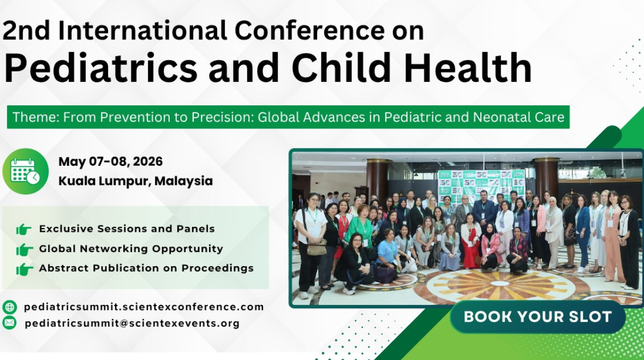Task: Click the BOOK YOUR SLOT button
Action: click(x=538, y=316)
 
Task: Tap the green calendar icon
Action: click(x=26, y=171)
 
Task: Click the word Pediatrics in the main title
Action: click(x=101, y=68)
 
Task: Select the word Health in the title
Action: click(x=468, y=68)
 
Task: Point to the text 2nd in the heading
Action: click(x=26, y=31)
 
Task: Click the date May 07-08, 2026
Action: click(x=110, y=161)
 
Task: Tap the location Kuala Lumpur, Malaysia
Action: click(x=135, y=181)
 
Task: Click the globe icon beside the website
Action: click(x=9, y=307)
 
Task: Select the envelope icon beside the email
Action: click(x=9, y=323)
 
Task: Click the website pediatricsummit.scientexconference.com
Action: click(x=144, y=307)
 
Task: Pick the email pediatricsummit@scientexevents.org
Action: click(x=132, y=323)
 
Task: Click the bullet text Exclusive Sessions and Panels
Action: click(x=127, y=229)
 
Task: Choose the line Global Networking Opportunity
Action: click(x=131, y=248)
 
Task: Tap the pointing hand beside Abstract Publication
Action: click(x=25, y=269)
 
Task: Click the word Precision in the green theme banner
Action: click(x=222, y=117)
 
